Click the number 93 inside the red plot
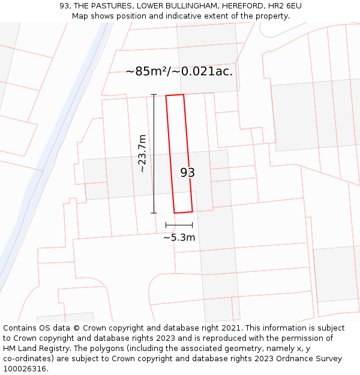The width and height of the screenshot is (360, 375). [187, 173]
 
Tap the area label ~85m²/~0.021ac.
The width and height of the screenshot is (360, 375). [179, 71]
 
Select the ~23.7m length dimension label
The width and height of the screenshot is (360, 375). [142, 154]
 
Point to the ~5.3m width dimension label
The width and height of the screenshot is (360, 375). [179, 238]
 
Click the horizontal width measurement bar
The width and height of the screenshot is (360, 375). [179, 225]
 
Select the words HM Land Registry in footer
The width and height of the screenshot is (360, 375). [36, 349]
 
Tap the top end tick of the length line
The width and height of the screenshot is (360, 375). [154, 95]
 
